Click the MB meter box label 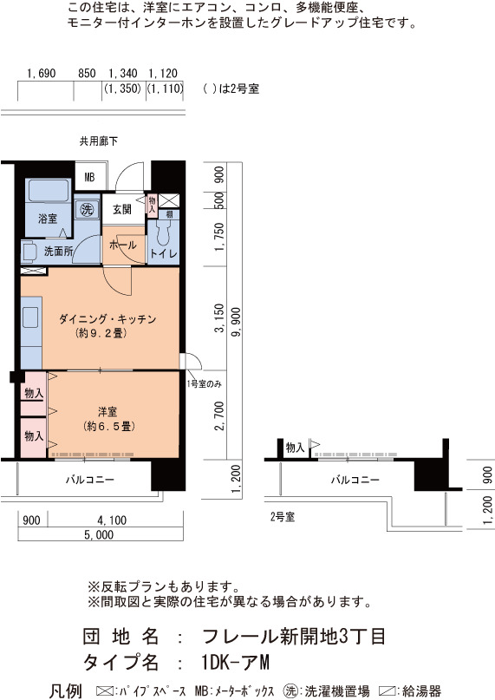pyautogui.click(x=89, y=177)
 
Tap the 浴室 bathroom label pyautogui.click(x=48, y=219)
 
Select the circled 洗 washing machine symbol pyautogui.click(x=87, y=209)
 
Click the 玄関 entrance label pyautogui.click(x=122, y=209)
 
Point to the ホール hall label pyautogui.click(x=123, y=245)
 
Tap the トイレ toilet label pyautogui.click(x=163, y=253)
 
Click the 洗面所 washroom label pyautogui.click(x=58, y=252)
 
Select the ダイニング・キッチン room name pyautogui.click(x=107, y=319)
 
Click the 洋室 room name pyautogui.click(x=107, y=411)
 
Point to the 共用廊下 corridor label pyautogui.click(x=99, y=141)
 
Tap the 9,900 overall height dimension pyautogui.click(x=235, y=322)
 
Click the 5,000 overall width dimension pyautogui.click(x=99, y=535)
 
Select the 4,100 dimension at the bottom pyautogui.click(x=112, y=520)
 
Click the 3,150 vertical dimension pyautogui.click(x=219, y=318)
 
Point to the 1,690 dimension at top pyautogui.click(x=42, y=73)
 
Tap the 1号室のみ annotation pyautogui.click(x=204, y=384)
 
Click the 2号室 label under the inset pyautogui.click(x=283, y=517)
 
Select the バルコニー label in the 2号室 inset pyautogui.click(x=355, y=480)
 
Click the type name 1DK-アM pyautogui.click(x=235, y=663)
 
